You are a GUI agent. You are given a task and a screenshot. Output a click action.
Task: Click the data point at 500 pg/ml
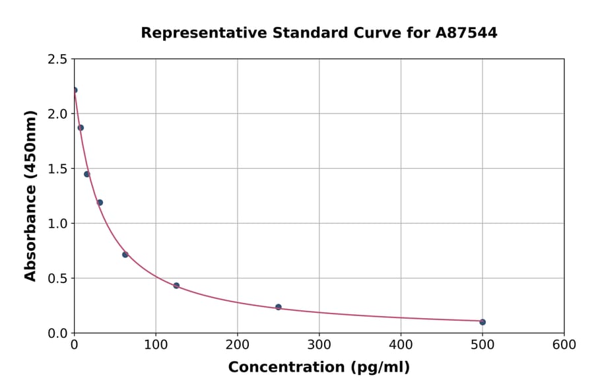[x=482, y=322]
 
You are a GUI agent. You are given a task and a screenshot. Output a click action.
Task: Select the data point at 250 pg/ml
[x=279, y=307]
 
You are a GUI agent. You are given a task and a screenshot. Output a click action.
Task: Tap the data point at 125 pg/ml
[x=176, y=286]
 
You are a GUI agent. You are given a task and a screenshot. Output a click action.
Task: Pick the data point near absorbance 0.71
[x=125, y=255]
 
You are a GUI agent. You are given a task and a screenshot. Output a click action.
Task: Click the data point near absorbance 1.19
[x=100, y=203]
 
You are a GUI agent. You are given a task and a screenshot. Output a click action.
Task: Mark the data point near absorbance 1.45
[x=87, y=174]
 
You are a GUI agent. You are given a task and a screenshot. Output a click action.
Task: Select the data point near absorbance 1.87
[x=81, y=128]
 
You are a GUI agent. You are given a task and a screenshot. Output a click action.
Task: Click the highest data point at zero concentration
[x=75, y=90]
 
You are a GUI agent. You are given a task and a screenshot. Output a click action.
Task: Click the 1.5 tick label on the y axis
[x=57, y=169]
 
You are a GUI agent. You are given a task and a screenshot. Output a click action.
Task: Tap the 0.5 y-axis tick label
[x=57, y=278]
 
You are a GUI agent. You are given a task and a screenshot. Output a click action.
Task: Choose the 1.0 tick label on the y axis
[x=57, y=224]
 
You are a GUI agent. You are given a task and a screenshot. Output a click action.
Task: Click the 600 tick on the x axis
[x=564, y=344]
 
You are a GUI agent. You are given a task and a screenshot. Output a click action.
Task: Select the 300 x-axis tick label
[x=319, y=344]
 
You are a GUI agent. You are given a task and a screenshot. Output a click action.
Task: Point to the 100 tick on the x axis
[x=156, y=344]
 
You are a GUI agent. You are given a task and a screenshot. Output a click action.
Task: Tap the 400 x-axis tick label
[x=401, y=344]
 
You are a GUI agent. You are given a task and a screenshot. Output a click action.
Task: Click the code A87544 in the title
[x=467, y=33]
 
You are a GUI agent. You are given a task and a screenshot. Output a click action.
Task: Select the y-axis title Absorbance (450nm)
[x=30, y=196]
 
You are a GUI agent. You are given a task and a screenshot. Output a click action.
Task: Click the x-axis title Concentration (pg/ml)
[x=319, y=368]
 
